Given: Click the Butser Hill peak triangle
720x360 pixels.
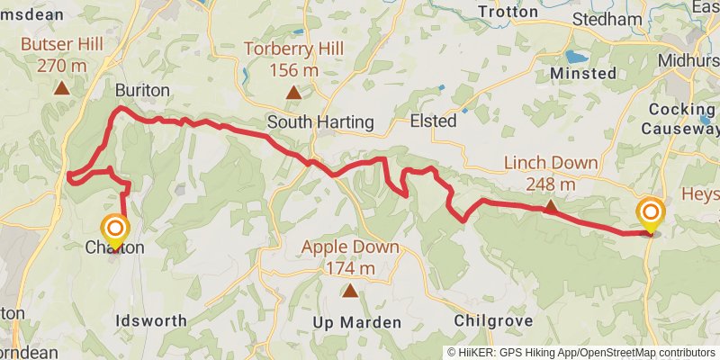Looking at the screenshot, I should point(61,87).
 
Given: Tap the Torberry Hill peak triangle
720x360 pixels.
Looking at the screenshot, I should point(292,92).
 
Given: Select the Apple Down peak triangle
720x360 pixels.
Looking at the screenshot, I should point(349,290).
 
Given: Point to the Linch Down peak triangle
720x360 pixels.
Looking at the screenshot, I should point(550,205).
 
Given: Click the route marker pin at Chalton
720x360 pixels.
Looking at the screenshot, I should point(114,229).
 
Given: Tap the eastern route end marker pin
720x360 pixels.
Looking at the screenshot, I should point(650,214).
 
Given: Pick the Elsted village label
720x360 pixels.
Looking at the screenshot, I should point(433,121).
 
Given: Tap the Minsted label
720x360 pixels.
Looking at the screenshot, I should point(583,72).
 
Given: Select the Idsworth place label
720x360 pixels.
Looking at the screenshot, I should point(151,320).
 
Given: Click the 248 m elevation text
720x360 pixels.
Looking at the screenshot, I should point(550,184).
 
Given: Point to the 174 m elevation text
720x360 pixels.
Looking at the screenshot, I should point(349,268).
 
